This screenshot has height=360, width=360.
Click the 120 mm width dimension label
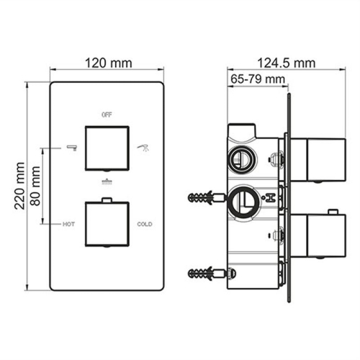click(107, 63)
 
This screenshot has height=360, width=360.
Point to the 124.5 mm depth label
click(285, 63)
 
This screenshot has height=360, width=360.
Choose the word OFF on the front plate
click(107, 114)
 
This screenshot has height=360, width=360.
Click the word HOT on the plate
click(68, 224)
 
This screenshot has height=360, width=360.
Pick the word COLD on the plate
click(145, 224)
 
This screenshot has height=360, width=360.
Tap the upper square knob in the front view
click(107, 147)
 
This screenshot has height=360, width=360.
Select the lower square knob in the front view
click(107, 223)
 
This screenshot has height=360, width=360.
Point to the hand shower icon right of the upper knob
click(143, 147)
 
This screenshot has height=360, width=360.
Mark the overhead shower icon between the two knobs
click(107, 182)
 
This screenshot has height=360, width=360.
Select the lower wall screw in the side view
click(208, 274)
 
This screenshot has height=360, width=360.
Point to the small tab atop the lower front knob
click(107, 199)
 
